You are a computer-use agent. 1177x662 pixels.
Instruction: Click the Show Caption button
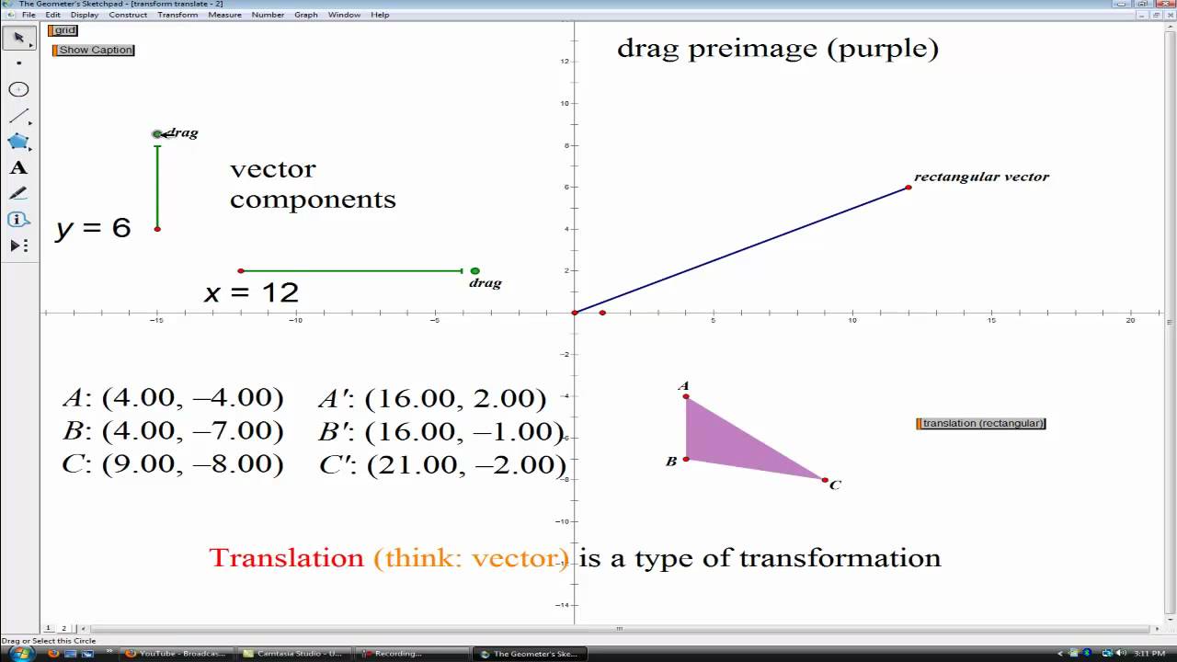point(95,50)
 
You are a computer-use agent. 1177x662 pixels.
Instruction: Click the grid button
point(63,30)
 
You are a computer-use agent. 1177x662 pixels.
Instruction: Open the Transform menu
point(177,15)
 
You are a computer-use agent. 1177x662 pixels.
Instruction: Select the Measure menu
point(224,15)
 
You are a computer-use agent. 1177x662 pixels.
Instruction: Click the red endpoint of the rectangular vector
point(908,188)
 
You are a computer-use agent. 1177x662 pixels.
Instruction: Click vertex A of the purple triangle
point(686,396)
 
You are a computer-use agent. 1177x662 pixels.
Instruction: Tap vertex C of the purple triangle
point(825,480)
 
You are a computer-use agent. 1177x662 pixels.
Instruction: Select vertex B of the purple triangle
point(686,459)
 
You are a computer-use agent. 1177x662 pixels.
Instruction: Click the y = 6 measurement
point(93,228)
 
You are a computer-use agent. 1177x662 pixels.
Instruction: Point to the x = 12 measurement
point(251,293)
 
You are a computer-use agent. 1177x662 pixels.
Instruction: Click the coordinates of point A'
point(432,398)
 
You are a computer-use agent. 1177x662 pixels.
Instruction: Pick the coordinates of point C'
point(442,465)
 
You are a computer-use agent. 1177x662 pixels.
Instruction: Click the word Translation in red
point(286,558)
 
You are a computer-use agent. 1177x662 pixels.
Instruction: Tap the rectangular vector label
point(981,177)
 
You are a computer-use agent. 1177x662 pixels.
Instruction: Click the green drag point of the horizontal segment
point(474,271)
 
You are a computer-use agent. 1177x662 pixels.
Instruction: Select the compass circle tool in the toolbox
point(18,89)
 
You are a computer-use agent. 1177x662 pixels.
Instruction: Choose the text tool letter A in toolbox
point(18,168)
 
